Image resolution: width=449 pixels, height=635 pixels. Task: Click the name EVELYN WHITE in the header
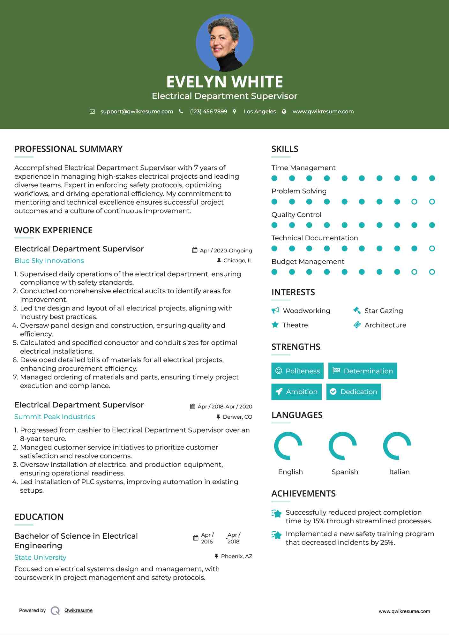(224, 82)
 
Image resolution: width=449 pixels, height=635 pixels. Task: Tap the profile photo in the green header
(224, 43)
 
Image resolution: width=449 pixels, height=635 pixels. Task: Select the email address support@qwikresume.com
(137, 112)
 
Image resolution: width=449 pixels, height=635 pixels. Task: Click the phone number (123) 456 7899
(208, 112)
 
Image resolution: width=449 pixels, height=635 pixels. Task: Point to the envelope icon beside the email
(92, 112)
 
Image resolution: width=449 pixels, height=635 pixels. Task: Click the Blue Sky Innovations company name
(49, 261)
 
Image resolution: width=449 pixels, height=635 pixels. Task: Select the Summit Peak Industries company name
(55, 417)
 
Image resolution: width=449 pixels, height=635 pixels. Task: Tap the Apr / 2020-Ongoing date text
(226, 251)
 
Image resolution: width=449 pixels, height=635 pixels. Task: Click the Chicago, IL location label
(238, 261)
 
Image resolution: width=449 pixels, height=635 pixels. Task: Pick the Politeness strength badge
(297, 371)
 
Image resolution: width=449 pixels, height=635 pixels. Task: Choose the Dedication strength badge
(354, 392)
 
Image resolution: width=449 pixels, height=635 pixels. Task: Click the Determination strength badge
(363, 371)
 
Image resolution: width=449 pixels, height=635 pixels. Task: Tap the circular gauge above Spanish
(342, 446)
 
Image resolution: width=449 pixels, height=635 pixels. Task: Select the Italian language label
(399, 472)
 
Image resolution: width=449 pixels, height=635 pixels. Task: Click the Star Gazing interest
(384, 311)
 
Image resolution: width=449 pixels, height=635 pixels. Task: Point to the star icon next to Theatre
(275, 325)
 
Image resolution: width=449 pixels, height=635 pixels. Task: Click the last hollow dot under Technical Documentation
(432, 249)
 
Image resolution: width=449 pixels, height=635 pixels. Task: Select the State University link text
(40, 557)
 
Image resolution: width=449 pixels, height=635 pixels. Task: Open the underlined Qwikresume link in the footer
(79, 610)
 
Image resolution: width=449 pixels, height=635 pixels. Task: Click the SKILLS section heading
(285, 149)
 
